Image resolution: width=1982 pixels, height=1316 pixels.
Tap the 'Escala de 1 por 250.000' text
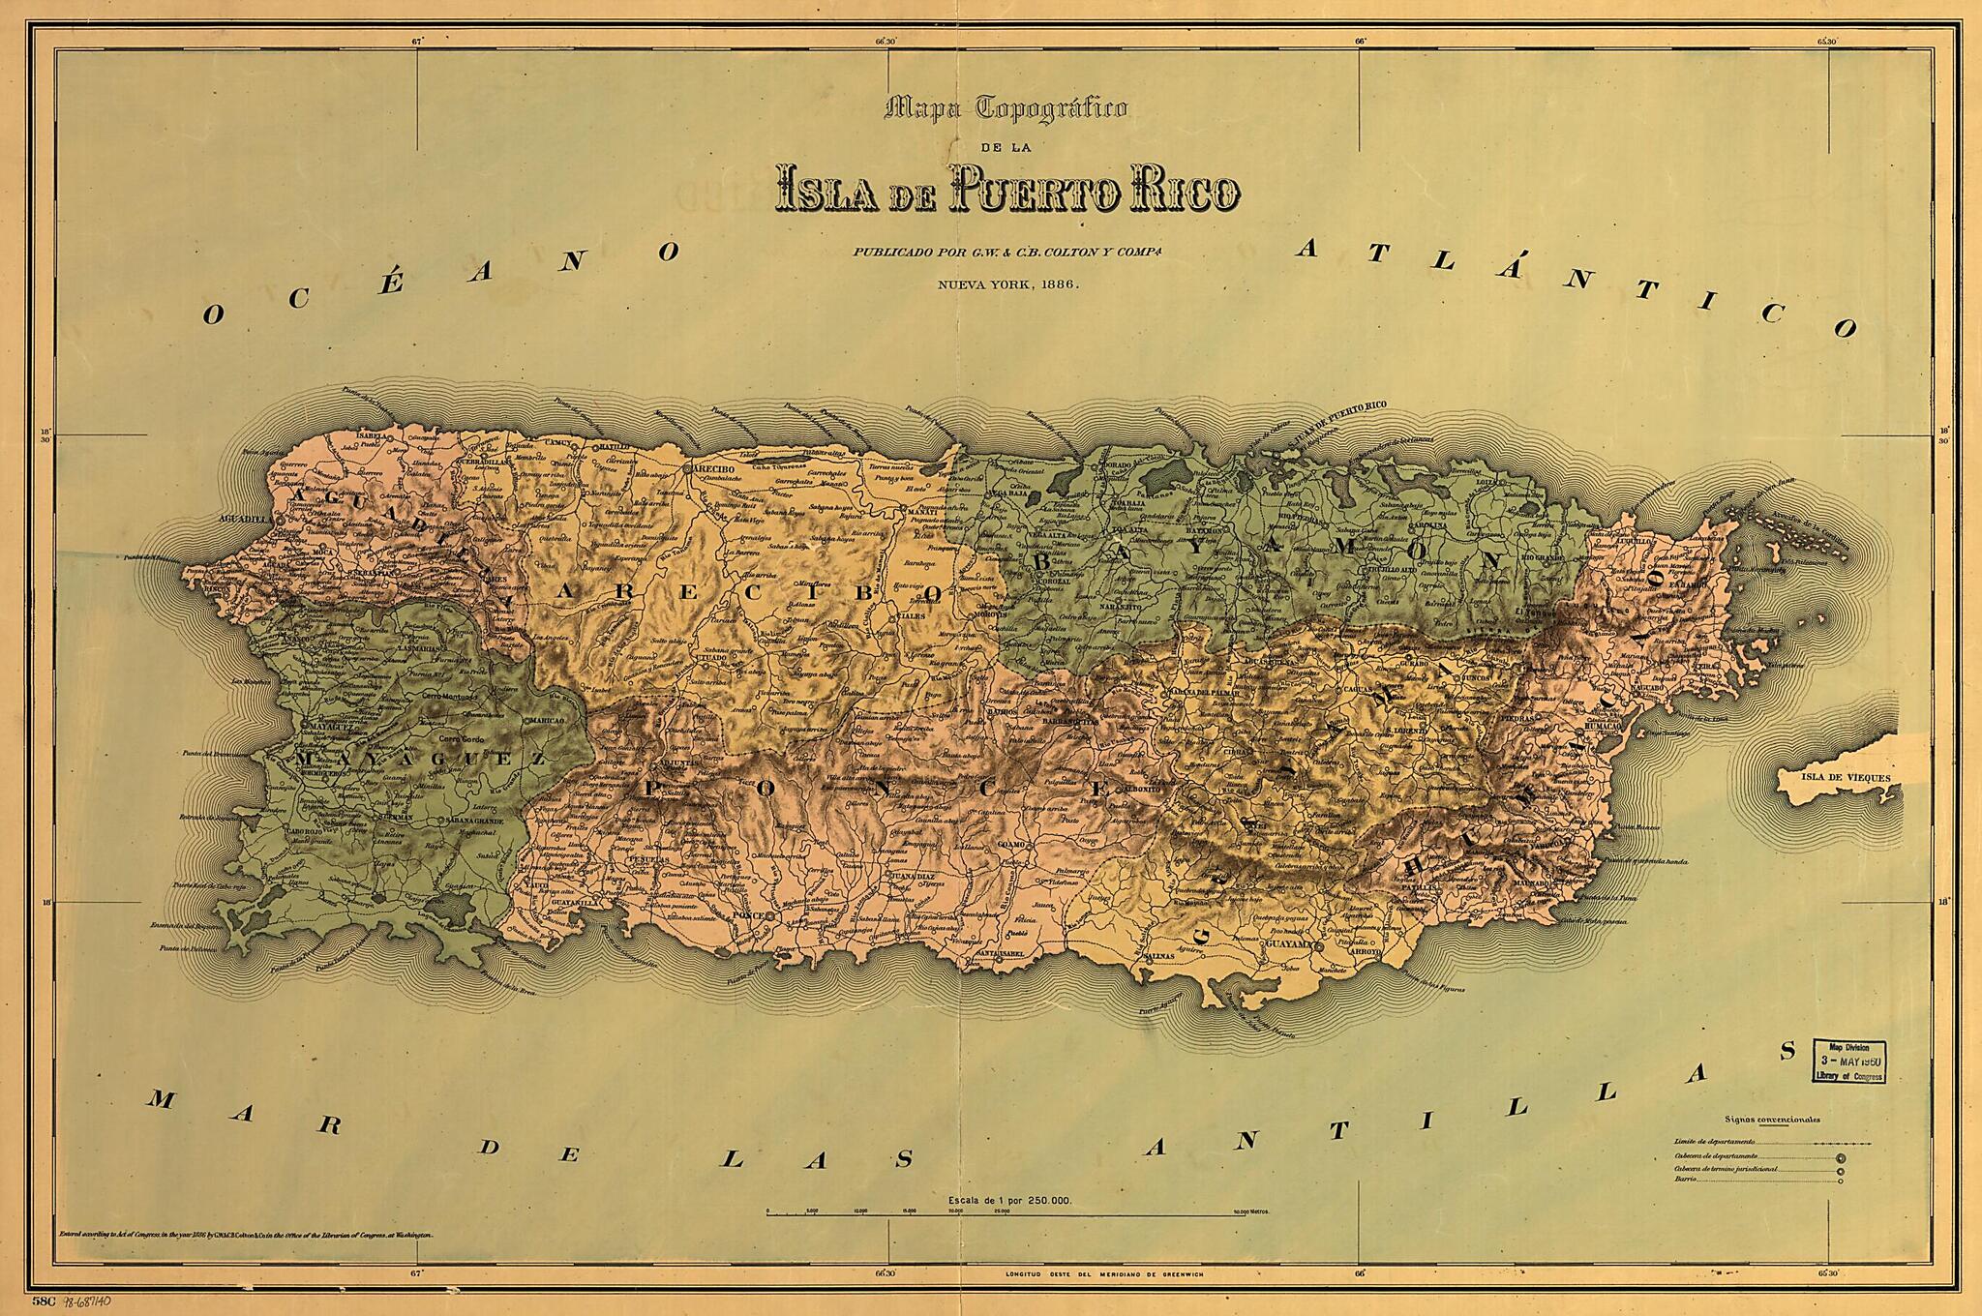click(1011, 1200)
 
